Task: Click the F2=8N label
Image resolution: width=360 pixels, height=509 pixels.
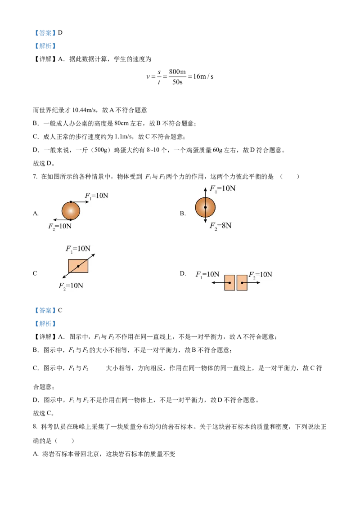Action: pos(220,225)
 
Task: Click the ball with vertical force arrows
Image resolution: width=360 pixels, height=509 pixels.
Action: pos(205,207)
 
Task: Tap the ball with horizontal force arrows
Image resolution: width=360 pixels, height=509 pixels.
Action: pos(71,210)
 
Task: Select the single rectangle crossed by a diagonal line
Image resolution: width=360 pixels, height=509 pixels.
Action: pos(78,266)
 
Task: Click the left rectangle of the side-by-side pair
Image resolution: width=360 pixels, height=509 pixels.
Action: pos(229,282)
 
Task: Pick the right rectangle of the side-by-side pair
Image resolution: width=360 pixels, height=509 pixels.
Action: pos(242,282)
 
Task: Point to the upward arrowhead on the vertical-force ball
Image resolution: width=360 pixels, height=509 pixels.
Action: pos(205,189)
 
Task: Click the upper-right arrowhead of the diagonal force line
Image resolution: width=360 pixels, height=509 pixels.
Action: pos(94,255)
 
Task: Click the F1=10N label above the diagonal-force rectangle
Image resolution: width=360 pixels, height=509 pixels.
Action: pos(78,249)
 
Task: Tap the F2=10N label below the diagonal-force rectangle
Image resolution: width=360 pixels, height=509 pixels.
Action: pos(71,286)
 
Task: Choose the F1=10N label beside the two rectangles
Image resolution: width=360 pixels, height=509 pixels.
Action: pos(207,274)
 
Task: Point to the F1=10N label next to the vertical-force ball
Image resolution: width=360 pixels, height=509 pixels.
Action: pos(222,188)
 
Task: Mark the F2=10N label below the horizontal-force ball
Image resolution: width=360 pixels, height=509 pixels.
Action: pos(60,226)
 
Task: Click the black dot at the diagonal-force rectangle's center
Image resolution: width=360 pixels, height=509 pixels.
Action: pos(78,267)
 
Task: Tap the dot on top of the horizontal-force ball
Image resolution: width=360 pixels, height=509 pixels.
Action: pos(71,202)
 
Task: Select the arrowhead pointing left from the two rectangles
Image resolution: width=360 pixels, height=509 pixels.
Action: pos(213,282)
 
